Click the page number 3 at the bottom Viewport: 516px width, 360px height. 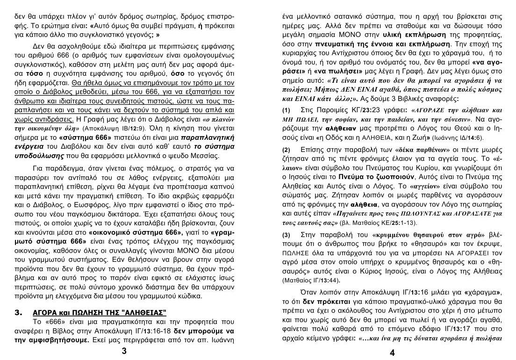click(124, 352)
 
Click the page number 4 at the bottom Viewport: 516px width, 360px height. click(392, 353)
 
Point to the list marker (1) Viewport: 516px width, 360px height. click(287, 110)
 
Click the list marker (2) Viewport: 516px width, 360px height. click(287, 150)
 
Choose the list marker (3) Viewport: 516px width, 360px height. click(287, 235)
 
